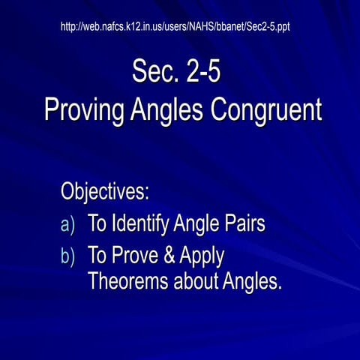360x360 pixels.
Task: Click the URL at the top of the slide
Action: coord(175,27)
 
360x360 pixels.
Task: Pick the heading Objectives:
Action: coord(105,190)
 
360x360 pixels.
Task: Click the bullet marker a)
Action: coord(67,224)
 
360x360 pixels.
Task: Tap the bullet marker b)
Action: coord(67,256)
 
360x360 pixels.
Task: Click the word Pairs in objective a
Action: coord(242,223)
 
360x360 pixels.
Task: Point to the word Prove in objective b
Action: coord(136,256)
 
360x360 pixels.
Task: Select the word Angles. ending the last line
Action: coord(252,283)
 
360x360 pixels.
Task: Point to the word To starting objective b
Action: coord(97,256)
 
